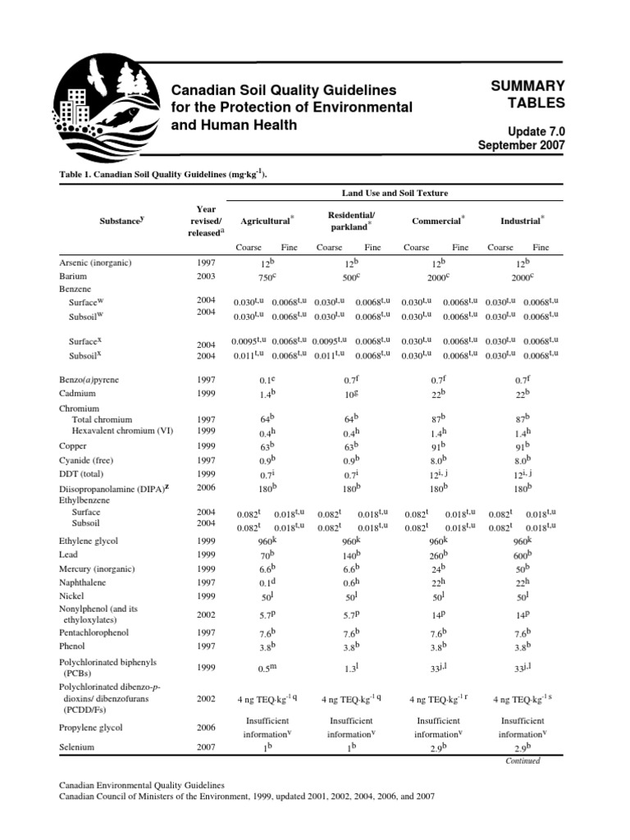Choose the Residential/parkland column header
[x=350, y=221]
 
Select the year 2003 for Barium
[x=206, y=277]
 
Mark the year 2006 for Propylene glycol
[x=206, y=728]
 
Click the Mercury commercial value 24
[x=437, y=568]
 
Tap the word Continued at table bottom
[x=523, y=760]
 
